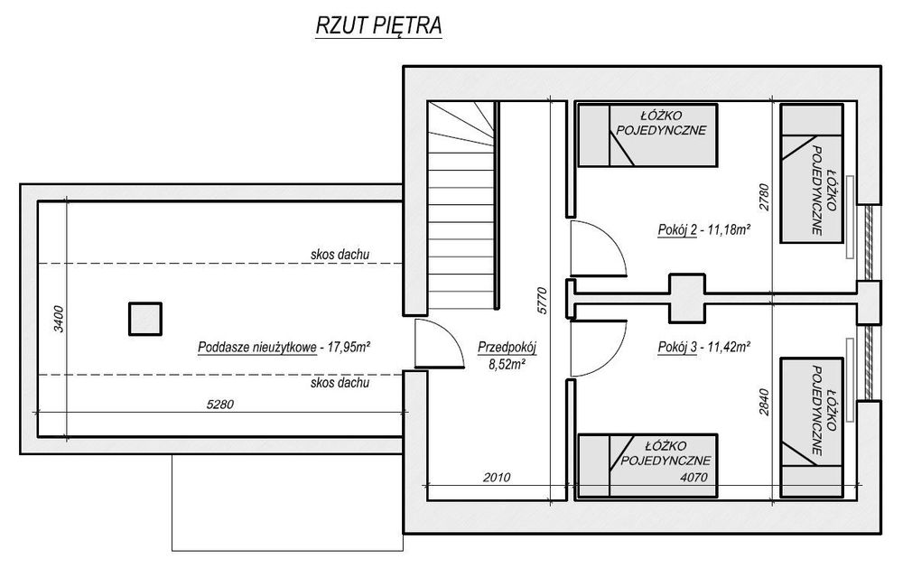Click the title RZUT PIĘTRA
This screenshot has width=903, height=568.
[x=378, y=26]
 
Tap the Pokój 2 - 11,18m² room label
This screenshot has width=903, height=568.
[x=703, y=230]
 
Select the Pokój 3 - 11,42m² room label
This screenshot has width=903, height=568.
[x=703, y=347]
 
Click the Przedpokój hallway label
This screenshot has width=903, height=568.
[x=507, y=348]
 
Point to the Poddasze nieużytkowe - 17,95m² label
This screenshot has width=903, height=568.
[x=284, y=348]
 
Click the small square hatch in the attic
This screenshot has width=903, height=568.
[x=145, y=319]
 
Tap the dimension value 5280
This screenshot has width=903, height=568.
[x=220, y=405]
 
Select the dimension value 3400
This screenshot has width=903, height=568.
[x=58, y=319]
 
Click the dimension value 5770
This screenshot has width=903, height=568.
[x=542, y=301]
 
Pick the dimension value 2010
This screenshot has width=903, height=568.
[x=497, y=477]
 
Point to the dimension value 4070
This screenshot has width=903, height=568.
[x=694, y=477]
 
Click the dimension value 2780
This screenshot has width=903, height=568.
[x=764, y=198]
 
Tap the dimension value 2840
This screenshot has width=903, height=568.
[x=764, y=404]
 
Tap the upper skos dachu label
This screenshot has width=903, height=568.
[x=340, y=254]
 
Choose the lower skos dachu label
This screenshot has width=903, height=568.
[x=340, y=383]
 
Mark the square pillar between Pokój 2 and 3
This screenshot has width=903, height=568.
[x=686, y=298]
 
